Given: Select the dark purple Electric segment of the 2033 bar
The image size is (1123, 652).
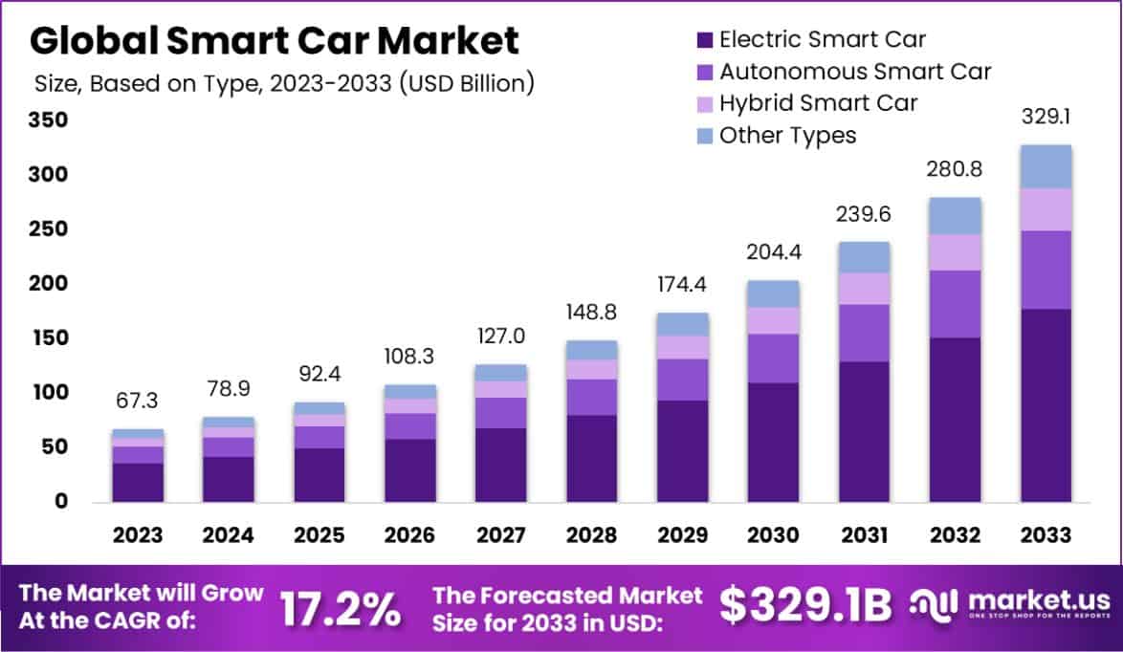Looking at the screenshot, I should (1046, 405).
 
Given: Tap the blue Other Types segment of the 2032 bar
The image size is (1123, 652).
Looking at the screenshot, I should (955, 216).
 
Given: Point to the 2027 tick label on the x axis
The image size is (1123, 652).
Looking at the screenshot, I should (500, 534).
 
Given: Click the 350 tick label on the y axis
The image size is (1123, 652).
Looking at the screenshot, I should (47, 120).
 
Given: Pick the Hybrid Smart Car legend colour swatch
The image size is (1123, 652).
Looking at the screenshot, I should (705, 103).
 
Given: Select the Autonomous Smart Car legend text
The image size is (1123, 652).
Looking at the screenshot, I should (855, 72).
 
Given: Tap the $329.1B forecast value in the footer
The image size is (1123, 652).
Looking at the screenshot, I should (804, 605).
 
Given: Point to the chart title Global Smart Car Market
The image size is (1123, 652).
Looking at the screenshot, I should (275, 41).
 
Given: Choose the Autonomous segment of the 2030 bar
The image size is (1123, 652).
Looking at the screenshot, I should (773, 359).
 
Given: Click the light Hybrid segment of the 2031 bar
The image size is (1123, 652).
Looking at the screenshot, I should (864, 289).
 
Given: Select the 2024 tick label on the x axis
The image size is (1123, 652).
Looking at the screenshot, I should (228, 534).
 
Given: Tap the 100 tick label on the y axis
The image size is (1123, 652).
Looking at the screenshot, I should (47, 392).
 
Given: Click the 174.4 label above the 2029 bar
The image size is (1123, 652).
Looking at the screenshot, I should (682, 285).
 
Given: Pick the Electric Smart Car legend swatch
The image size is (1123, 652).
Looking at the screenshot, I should (705, 40).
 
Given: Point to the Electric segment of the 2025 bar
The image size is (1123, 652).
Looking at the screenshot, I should (319, 475).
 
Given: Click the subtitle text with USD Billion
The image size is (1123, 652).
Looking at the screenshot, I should (283, 83).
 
